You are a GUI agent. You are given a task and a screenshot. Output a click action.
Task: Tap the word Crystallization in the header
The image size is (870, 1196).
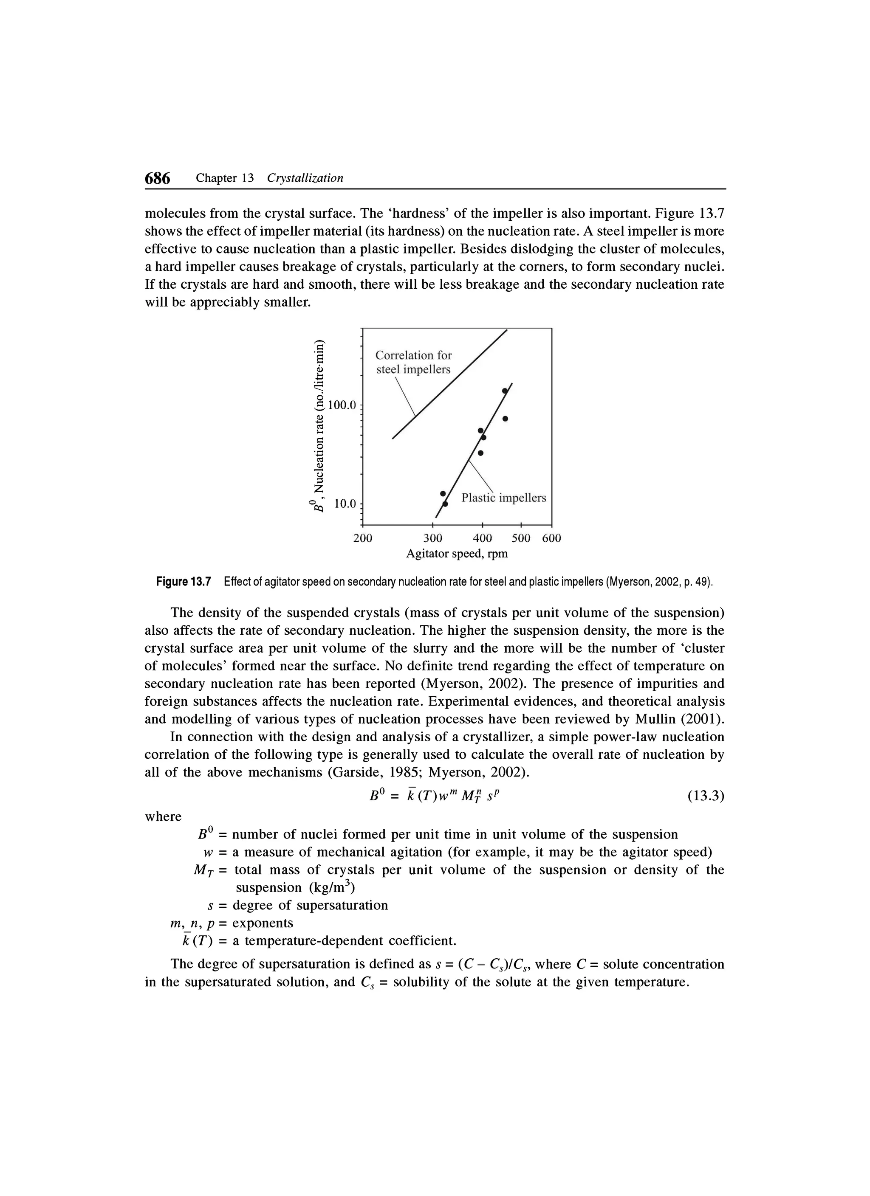point(305,178)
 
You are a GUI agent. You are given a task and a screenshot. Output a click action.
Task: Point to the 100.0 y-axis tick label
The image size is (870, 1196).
point(342,405)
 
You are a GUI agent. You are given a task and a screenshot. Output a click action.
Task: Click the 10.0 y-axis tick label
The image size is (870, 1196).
point(345,504)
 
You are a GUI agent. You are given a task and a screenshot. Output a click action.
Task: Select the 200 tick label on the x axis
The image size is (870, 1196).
point(362,538)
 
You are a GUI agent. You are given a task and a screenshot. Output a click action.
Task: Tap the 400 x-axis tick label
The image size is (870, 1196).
point(482,538)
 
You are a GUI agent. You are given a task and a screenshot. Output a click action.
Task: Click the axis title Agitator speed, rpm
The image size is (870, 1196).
point(457,554)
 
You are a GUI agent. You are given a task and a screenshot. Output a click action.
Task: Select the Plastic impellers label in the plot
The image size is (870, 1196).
point(504,498)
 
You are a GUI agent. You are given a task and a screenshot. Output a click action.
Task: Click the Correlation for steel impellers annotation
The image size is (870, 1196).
point(414,362)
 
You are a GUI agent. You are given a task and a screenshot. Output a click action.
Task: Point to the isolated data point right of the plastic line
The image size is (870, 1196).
point(505,419)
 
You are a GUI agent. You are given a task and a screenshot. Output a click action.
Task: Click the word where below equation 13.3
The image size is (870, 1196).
point(163,817)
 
